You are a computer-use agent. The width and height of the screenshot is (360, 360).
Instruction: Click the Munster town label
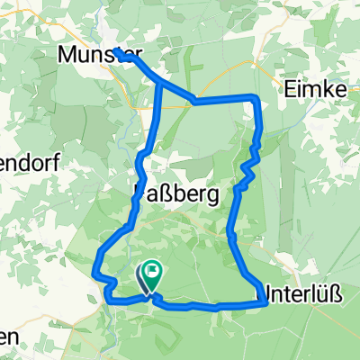tap(94, 55)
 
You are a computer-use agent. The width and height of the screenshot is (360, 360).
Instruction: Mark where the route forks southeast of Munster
tap(160, 84)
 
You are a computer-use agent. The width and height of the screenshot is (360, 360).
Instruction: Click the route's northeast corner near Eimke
tap(256, 97)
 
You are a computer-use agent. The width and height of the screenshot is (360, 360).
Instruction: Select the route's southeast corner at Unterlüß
tap(266, 304)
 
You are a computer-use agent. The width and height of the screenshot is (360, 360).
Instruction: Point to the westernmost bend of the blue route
tap(96, 265)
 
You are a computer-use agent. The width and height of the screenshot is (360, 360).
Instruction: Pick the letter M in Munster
tap(67, 55)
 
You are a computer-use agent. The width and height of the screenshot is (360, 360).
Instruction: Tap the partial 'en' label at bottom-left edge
tap(9, 337)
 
